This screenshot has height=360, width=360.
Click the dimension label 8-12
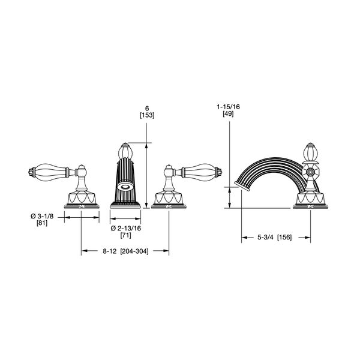pos(109,251)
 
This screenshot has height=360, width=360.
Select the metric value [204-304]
pos(134,251)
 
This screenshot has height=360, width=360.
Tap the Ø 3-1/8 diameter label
pos(42,216)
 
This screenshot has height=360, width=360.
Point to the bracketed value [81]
pos(42,223)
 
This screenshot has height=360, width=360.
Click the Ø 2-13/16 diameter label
pos(126,228)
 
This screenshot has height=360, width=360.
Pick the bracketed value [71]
pos(126,235)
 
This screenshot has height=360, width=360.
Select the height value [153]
pos(147,115)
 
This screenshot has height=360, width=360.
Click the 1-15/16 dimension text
pos(228,107)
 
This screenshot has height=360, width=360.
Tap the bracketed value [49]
pos(228,113)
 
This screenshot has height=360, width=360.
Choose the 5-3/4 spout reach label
pos(265,237)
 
